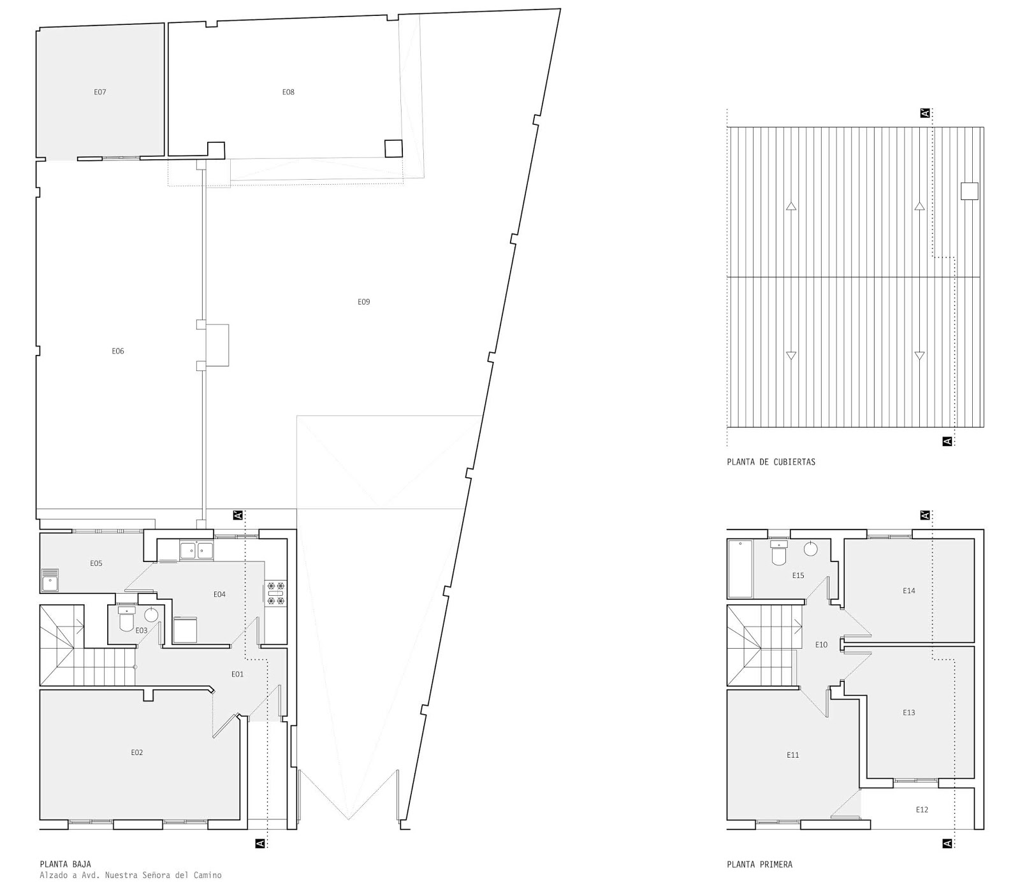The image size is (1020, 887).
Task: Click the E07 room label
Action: (100, 92)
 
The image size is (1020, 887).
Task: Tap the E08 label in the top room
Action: (288, 92)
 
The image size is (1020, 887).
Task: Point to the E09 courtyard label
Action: (363, 301)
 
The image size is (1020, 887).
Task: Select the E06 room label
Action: (118, 351)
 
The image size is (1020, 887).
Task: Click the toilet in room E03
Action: (127, 618)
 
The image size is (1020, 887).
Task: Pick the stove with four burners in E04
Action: (276, 593)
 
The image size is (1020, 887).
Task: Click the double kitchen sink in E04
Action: (196, 550)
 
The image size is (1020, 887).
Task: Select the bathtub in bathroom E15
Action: (740, 568)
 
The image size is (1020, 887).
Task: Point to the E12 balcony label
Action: (922, 809)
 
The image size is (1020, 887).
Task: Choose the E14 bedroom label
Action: (908, 591)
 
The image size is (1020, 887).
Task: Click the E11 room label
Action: (792, 755)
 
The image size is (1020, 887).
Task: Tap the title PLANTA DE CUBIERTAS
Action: (771, 462)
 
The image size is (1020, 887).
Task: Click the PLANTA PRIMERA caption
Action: (760, 865)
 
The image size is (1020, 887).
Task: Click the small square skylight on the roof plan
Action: (969, 191)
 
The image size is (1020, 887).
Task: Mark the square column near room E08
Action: (393, 148)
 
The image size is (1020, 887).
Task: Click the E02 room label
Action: (137, 753)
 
